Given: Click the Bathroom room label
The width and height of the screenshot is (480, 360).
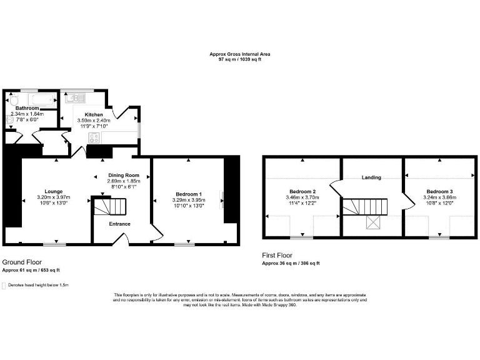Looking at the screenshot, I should point(27,108).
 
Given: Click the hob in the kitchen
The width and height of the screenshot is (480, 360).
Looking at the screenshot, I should point(95,139).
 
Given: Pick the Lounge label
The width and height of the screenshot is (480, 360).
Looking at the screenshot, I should point(53,191).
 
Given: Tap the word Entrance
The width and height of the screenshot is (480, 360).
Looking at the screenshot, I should point(120,224).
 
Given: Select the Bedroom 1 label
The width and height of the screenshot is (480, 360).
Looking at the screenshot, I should point(187,191).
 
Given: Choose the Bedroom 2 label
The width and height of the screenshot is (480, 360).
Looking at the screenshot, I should point(302,191).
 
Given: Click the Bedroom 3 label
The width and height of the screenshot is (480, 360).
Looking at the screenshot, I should point(439,191).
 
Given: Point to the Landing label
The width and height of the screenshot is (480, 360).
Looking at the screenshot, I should point(371,177).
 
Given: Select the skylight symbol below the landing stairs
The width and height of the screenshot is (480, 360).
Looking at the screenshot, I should point(373,223).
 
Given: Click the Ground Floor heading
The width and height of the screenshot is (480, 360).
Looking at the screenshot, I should point(22,262).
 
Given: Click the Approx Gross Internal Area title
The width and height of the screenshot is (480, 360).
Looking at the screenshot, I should point(239,54).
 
